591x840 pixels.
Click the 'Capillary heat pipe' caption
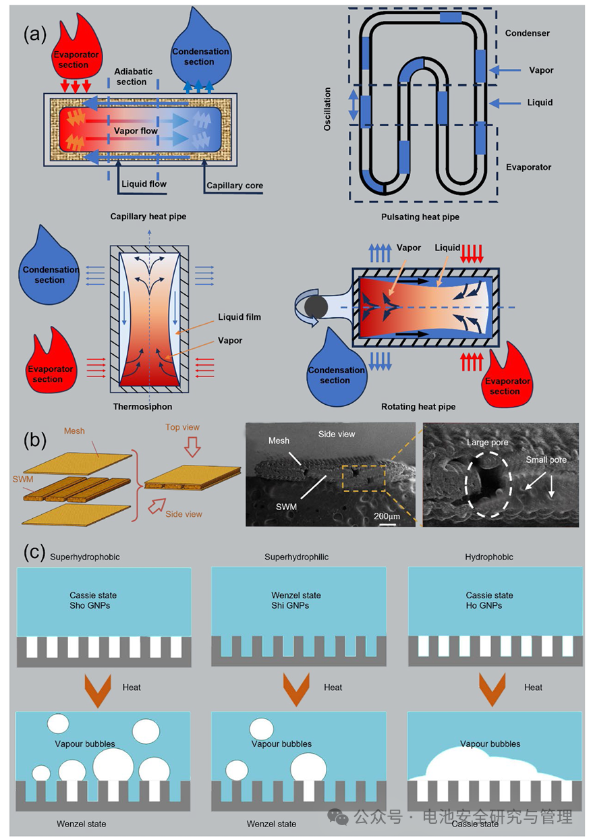[x=148, y=217]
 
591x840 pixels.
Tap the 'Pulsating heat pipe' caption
[x=420, y=217]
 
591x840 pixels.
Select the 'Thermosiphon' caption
[x=142, y=406]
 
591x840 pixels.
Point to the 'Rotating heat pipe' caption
[x=418, y=406]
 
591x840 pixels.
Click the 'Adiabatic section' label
[x=133, y=76]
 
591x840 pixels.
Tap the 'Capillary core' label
[x=235, y=186]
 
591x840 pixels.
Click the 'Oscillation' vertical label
[x=327, y=109]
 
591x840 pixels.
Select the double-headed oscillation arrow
[x=354, y=105]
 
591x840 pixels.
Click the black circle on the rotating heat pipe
[x=316, y=307]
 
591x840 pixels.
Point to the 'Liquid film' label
[x=240, y=317]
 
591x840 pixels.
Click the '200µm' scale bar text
[x=387, y=516]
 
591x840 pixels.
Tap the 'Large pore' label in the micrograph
[x=487, y=443]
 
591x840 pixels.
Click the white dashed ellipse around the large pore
[x=466, y=484]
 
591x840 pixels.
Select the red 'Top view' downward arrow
[x=192, y=446]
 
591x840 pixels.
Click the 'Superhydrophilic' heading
[x=296, y=557]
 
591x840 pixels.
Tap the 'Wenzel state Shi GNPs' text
[x=296, y=600]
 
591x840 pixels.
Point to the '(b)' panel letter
[x=35, y=440]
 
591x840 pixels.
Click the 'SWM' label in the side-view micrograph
[x=286, y=507]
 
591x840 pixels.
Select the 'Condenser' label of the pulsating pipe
[x=528, y=33]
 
